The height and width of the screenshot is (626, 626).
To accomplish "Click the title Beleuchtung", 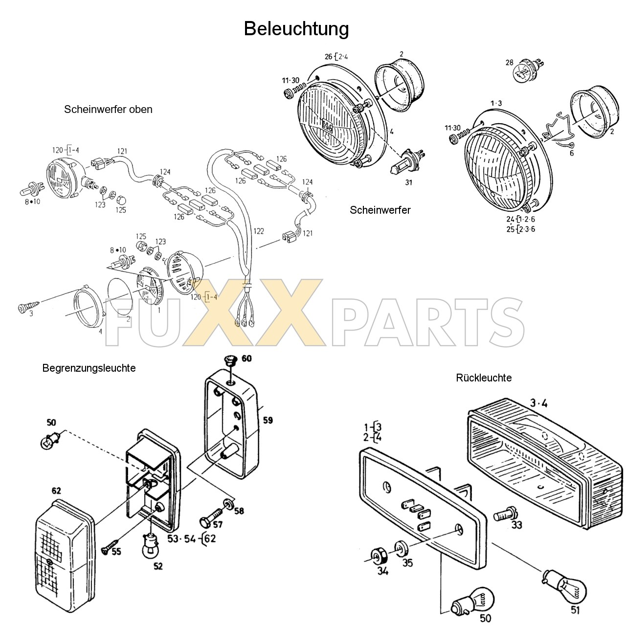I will [296, 29].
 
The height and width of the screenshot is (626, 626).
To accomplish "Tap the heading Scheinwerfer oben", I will [108, 110].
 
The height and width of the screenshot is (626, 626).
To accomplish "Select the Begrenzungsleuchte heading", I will [89, 368].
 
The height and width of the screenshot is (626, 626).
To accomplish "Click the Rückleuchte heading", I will [484, 378].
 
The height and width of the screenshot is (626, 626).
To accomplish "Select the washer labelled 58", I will [228, 504].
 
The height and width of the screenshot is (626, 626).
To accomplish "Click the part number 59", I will [268, 420].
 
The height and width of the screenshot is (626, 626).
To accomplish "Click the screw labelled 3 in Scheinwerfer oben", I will [25, 308].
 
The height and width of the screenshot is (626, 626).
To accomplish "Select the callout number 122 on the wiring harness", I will [259, 231].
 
